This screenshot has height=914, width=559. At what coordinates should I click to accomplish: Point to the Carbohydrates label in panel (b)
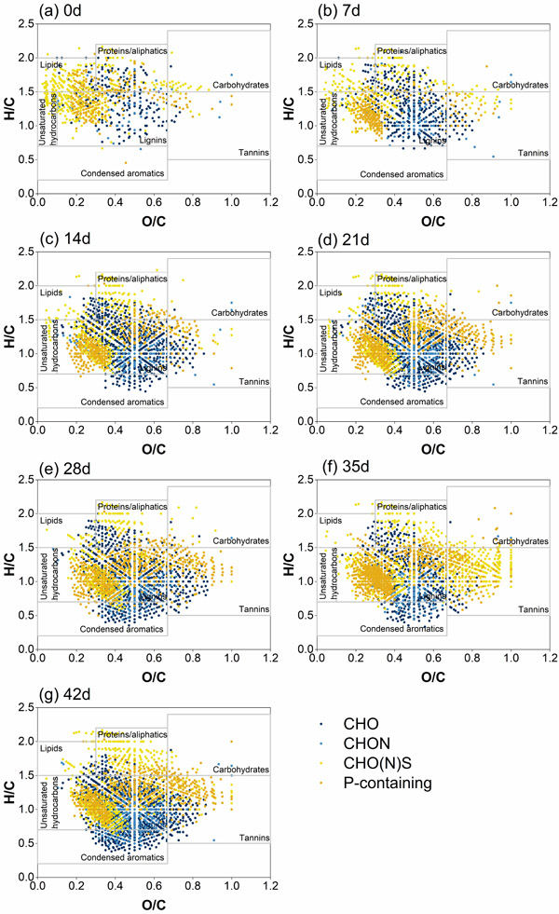click(x=520, y=85)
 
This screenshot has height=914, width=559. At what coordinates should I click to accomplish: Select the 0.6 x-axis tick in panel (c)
click(x=154, y=431)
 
